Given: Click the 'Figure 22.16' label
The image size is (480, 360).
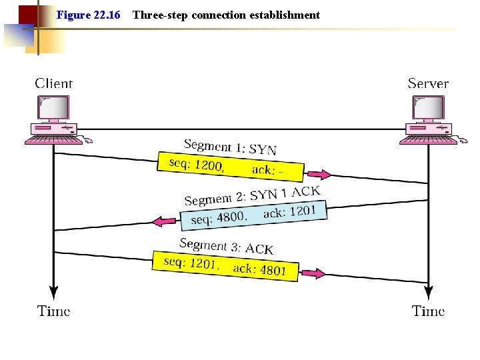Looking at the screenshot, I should tap(89, 15).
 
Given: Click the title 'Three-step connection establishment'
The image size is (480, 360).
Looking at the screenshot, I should tap(226, 15).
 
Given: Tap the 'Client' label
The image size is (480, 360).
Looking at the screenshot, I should tap(53, 83).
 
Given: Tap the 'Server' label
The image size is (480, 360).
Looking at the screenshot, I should tap(428, 83).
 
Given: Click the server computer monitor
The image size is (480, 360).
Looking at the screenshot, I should tap(428, 107).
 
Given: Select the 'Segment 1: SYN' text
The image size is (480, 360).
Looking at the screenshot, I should tap(230, 147).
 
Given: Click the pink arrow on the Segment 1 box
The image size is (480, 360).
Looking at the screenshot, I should tap(318, 175).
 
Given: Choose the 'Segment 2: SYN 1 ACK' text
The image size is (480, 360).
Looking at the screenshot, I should tap(252, 196).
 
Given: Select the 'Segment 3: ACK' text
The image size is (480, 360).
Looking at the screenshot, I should tap(226, 246).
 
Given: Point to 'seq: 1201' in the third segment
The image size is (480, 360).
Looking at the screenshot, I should tap(190, 263).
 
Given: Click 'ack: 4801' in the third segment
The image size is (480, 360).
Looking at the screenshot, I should tap(259, 269).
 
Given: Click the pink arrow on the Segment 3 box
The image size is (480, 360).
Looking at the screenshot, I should tap(312, 273).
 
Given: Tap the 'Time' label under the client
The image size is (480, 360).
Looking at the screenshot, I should tap(54, 311).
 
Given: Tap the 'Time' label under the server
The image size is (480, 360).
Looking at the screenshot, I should tap(428, 311).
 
